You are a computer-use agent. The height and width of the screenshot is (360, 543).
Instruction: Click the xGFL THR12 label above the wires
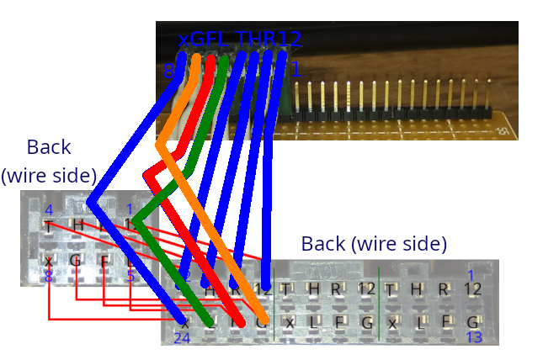click(x=239, y=39)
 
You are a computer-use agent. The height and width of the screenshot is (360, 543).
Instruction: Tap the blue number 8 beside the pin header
click(x=169, y=72)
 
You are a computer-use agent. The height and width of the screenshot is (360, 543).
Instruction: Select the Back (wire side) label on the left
click(x=49, y=161)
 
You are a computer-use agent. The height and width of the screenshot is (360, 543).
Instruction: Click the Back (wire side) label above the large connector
click(x=374, y=245)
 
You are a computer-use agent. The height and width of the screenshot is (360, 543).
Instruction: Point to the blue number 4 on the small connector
click(x=49, y=209)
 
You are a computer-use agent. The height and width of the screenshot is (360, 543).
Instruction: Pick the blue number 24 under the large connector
click(x=182, y=338)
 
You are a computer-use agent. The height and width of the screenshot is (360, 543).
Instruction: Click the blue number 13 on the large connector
click(x=473, y=337)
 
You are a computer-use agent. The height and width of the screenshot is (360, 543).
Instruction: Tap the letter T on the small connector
click(x=49, y=226)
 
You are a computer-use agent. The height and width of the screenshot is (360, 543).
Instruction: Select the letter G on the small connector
click(x=76, y=261)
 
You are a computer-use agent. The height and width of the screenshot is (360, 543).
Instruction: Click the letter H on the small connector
click(x=77, y=225)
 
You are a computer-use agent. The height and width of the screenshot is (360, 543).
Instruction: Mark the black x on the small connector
click(x=49, y=261)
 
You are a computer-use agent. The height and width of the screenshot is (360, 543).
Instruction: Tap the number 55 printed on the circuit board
click(x=502, y=130)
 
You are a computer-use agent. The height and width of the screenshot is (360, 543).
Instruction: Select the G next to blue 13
click(x=473, y=322)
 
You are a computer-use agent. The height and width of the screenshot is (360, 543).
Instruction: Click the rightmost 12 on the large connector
click(x=472, y=289)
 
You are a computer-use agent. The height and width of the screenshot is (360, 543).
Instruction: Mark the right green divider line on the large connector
click(x=379, y=303)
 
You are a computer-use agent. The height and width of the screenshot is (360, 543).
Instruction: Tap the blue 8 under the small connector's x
click(x=49, y=276)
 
